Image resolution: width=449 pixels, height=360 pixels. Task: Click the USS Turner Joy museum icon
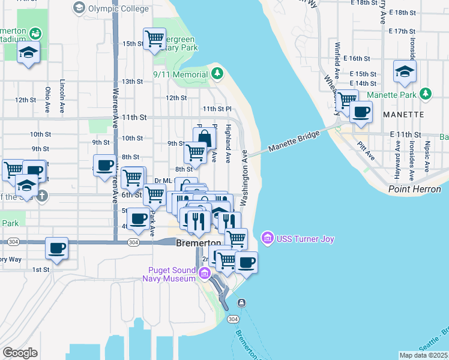(267, 239)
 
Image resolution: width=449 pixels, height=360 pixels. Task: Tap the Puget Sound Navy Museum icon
(204, 274)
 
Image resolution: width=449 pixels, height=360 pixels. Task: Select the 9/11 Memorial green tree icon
(217, 74)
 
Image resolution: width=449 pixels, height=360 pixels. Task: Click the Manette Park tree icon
(426, 94)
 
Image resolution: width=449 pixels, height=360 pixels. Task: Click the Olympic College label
(118, 8)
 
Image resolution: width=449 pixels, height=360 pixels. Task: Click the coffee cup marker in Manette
(361, 111)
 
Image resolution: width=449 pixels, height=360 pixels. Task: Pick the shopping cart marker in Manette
(346, 100)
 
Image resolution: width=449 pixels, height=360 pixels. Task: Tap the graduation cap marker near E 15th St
(405, 71)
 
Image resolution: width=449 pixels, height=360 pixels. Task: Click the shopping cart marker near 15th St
(155, 38)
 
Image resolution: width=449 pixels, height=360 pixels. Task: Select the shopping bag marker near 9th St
(204, 137)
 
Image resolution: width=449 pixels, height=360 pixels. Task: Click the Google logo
(20, 353)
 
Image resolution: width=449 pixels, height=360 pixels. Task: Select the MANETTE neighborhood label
(408, 114)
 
